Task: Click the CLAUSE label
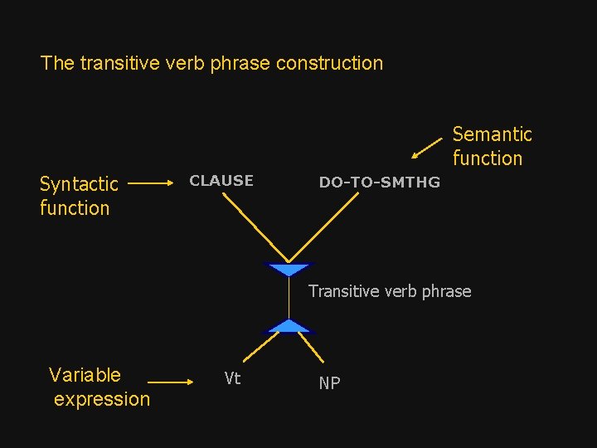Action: click(x=221, y=181)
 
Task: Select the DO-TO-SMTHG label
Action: click(x=379, y=183)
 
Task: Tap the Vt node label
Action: click(x=232, y=378)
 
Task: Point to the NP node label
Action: click(x=329, y=382)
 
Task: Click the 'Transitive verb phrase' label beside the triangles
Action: click(x=390, y=291)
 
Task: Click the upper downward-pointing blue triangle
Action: click(x=289, y=270)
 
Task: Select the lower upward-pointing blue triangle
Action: click(x=289, y=326)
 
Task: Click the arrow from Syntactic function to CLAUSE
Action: click(x=151, y=182)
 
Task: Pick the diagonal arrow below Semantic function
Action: click(x=427, y=147)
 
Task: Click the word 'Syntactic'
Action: click(x=79, y=183)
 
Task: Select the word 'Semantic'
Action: click(x=492, y=134)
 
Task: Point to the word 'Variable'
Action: click(x=85, y=375)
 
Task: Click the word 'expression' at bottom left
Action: click(x=102, y=399)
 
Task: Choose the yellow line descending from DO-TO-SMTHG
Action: click(x=324, y=227)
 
